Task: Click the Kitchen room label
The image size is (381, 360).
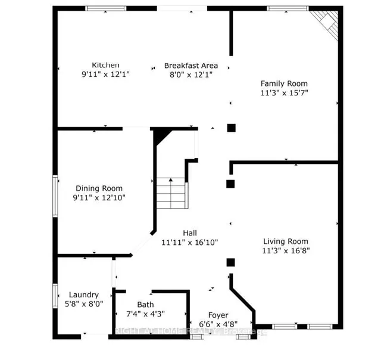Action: coord(105,65)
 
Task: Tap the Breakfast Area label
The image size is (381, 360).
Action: coord(191,66)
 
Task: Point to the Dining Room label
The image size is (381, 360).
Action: coord(99,188)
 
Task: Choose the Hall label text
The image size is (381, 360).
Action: coord(190,233)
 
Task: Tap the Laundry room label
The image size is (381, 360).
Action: coord(83,294)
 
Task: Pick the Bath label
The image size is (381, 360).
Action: coord(145,304)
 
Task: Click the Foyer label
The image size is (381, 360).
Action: coord(218,315)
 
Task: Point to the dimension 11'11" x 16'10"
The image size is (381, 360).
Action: coord(190,243)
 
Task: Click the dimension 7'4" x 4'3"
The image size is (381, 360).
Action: coord(145,314)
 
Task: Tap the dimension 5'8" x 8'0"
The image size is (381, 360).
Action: coord(83,304)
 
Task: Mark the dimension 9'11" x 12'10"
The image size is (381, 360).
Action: coord(99,197)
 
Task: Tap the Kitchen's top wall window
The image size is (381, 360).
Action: coord(105,8)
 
